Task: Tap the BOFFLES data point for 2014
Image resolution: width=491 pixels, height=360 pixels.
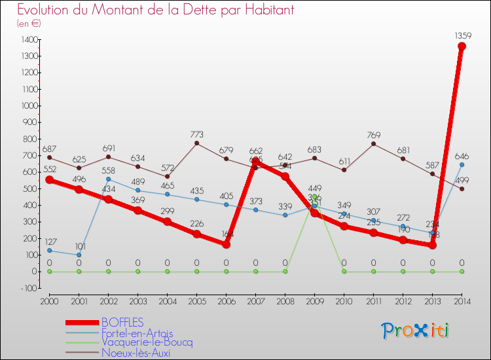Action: point(462,46)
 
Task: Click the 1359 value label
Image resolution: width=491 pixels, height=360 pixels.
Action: point(462,36)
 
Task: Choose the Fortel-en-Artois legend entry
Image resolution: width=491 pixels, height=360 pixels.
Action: point(137,333)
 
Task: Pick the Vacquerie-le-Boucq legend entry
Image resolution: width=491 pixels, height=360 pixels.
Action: point(147,342)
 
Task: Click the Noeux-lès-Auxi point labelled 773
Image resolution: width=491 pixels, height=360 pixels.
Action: point(196,143)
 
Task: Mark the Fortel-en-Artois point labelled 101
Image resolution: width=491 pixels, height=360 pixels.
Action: point(79,255)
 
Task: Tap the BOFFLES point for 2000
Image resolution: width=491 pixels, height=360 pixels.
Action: point(49,180)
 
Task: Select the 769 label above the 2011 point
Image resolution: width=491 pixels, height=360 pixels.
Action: point(373,134)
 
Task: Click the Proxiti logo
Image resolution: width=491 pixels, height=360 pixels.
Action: point(416,331)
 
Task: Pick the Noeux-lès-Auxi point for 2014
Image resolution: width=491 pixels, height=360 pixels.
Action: point(462,189)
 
